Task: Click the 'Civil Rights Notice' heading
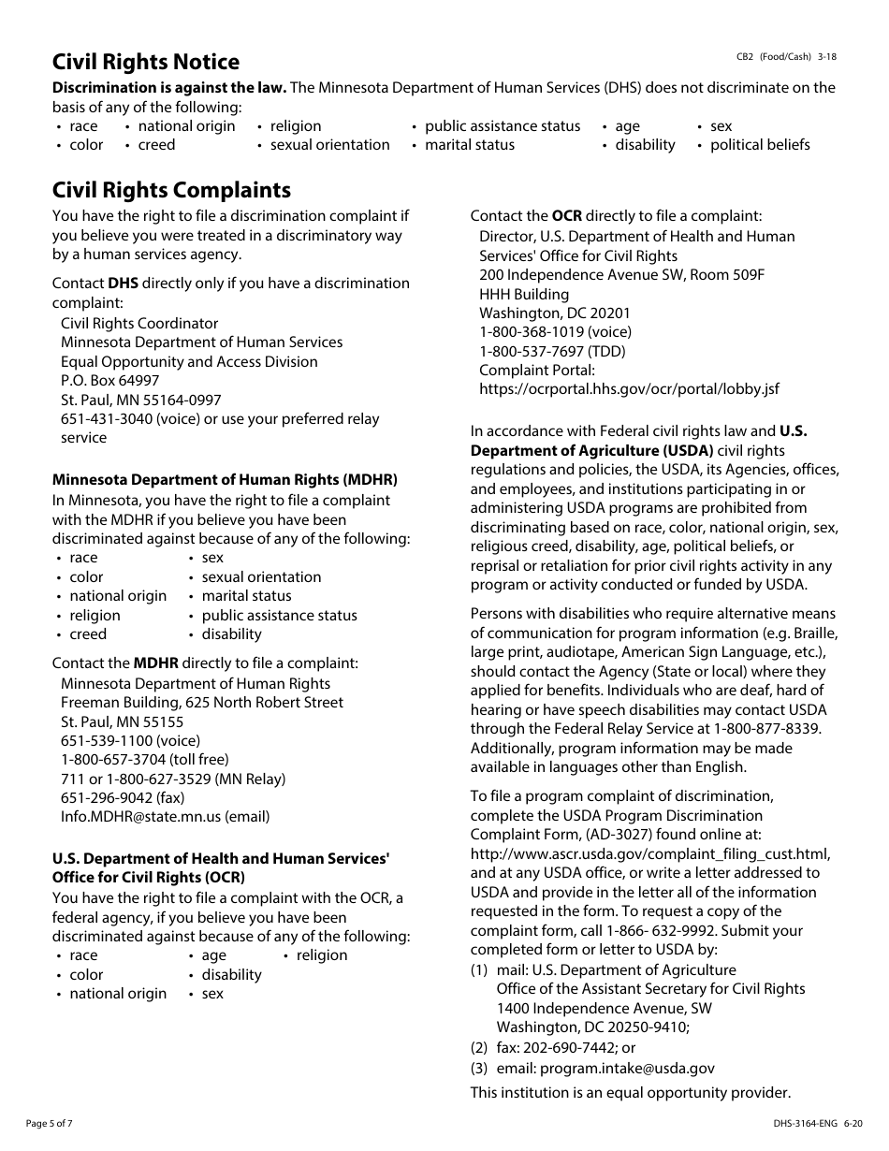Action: tap(146, 62)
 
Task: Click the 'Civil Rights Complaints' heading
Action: tap(171, 190)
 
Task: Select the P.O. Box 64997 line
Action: tap(110, 381)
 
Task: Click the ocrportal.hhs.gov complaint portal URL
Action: tap(629, 389)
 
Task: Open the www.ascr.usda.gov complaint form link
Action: tap(649, 853)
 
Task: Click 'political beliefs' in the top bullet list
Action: tap(760, 145)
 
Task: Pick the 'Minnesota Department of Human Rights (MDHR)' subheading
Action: tap(225, 479)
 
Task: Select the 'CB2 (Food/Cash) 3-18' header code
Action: tap(786, 57)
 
